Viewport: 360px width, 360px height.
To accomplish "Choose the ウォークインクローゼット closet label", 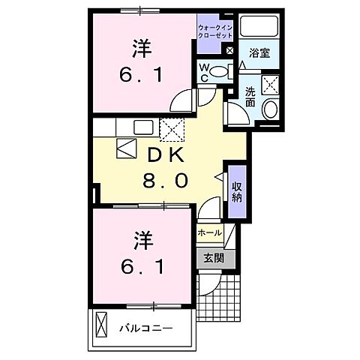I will (x=215, y=31).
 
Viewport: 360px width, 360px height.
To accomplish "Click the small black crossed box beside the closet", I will (x=229, y=51).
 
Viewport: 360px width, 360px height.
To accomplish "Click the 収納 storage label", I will (x=236, y=192).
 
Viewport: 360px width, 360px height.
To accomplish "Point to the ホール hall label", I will (x=208, y=232).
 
